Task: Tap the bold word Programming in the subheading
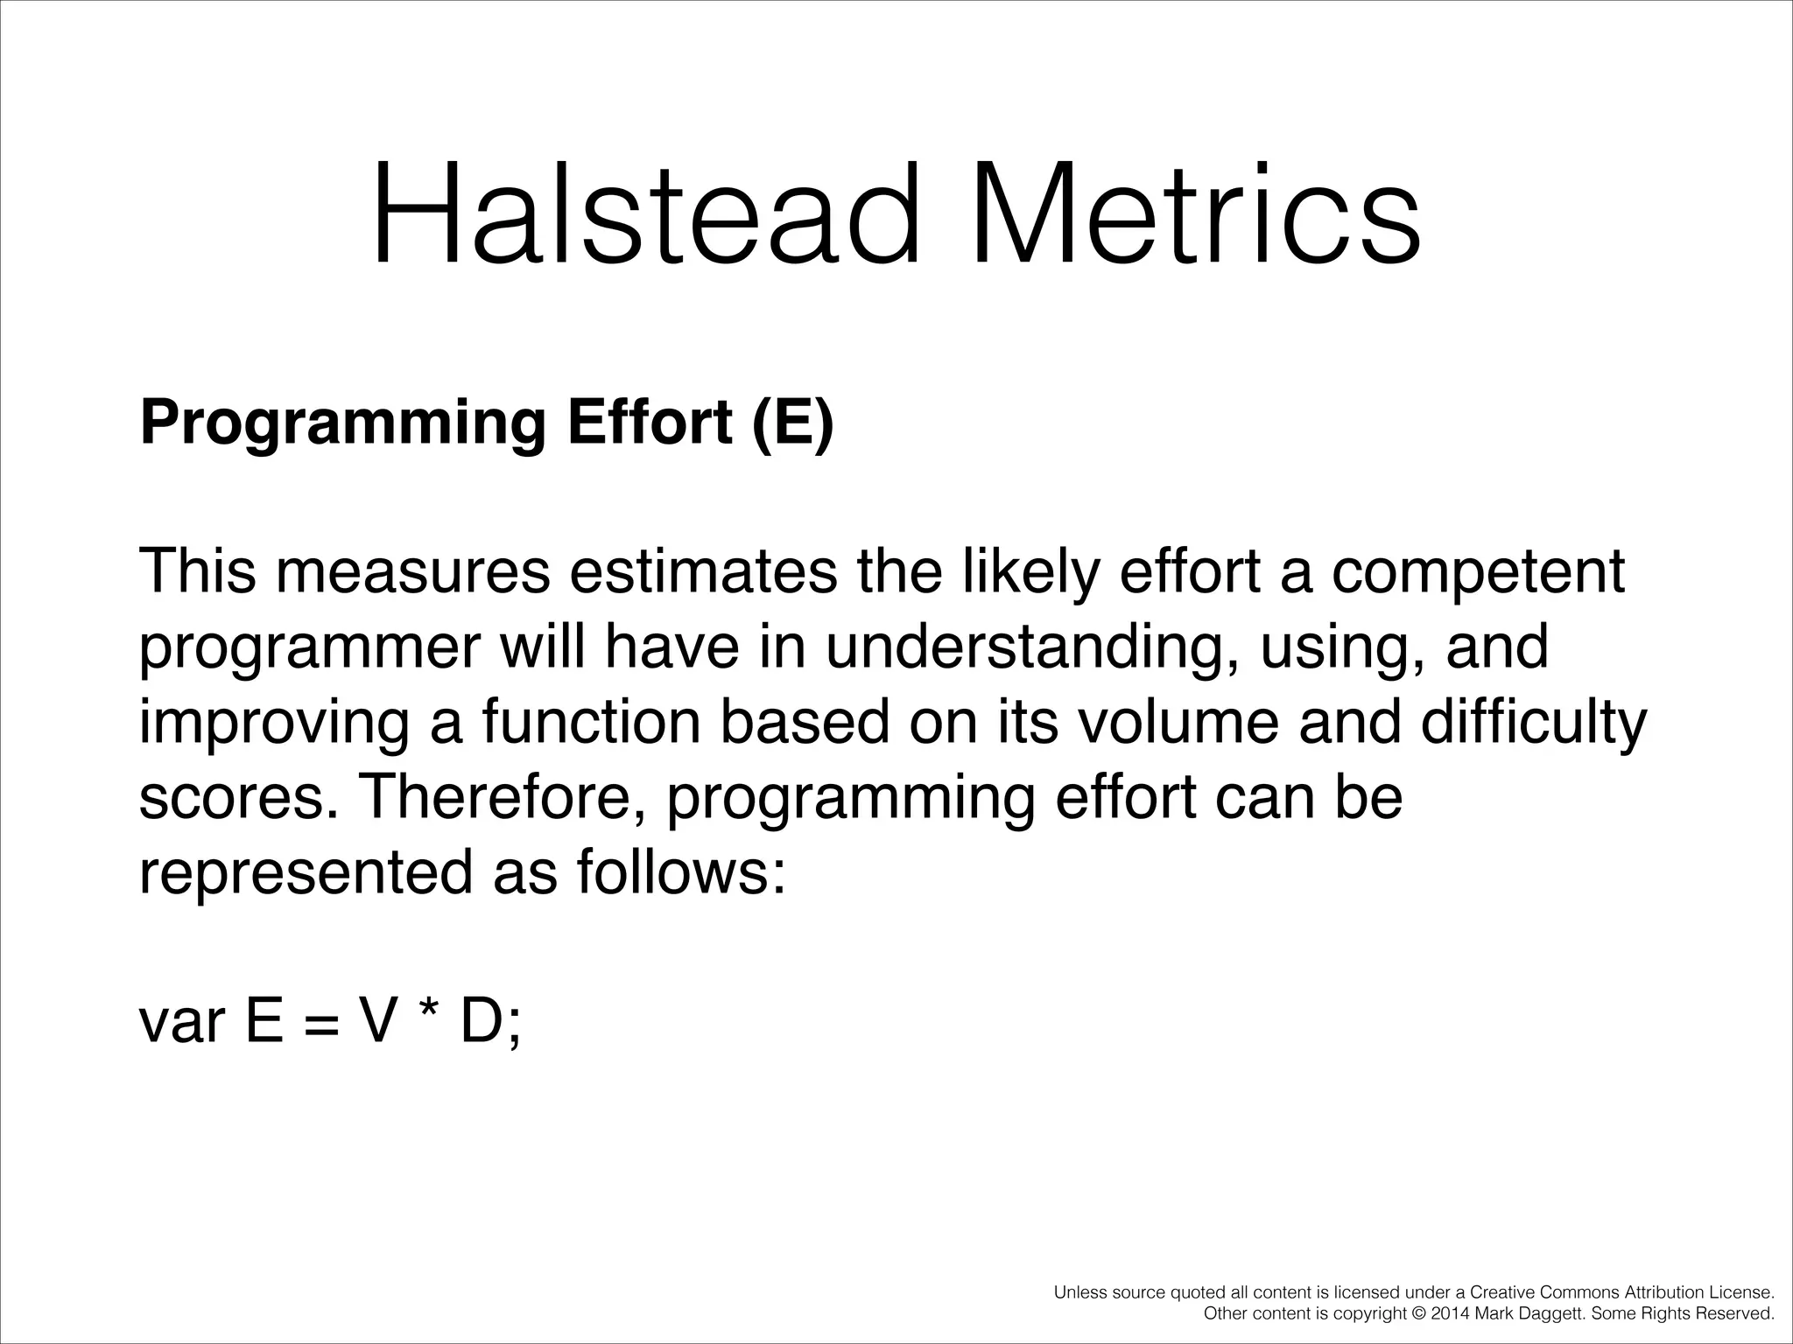coord(342,423)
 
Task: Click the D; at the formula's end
coord(490,1022)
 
